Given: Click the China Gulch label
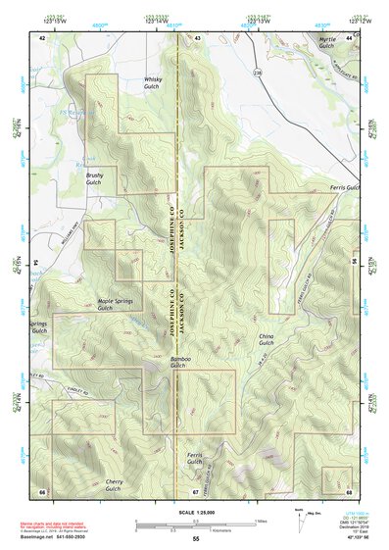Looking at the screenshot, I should click(267, 339).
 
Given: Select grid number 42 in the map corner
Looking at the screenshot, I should click(41, 36).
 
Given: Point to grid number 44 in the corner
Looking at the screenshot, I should click(350, 36).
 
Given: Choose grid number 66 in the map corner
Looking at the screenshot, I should click(41, 490).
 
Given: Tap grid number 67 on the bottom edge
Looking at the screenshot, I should click(195, 490).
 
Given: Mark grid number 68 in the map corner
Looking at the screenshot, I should click(350, 490).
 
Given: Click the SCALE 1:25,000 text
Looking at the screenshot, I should click(195, 512).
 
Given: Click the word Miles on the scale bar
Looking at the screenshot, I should click(259, 520).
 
